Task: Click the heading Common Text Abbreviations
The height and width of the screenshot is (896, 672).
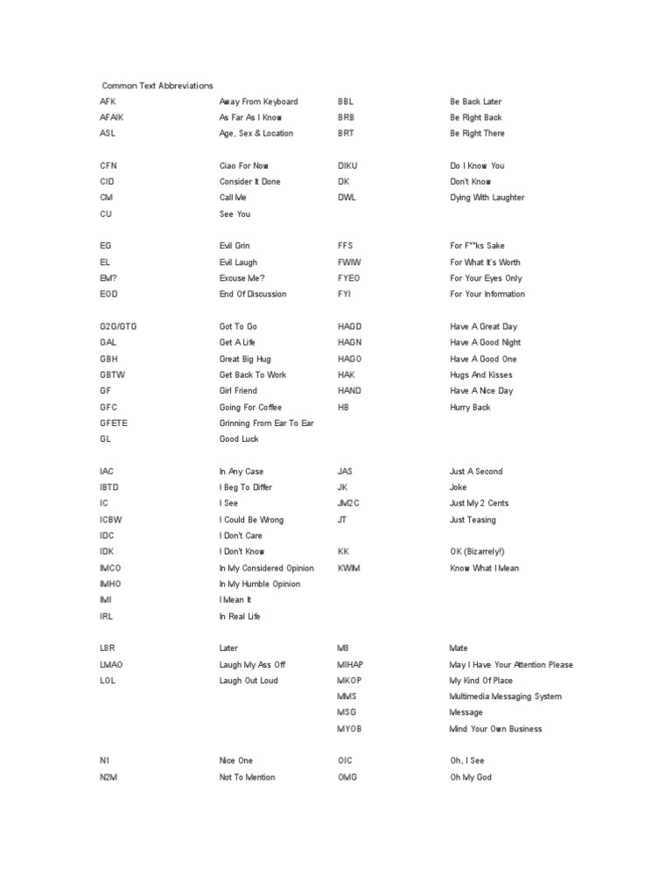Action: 157,86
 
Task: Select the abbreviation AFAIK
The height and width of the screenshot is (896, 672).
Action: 112,117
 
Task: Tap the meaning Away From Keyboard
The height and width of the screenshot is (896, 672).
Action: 258,101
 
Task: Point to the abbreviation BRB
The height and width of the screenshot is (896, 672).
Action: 346,117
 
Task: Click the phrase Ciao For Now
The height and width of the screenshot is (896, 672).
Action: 244,165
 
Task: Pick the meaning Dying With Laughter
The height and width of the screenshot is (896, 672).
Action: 487,198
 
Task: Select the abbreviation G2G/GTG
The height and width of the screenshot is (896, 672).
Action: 118,326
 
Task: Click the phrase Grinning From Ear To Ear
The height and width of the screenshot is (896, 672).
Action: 266,423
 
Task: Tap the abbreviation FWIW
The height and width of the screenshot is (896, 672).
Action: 348,262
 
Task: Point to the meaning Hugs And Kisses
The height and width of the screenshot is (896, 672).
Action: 480,374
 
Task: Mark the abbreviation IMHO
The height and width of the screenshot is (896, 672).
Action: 111,584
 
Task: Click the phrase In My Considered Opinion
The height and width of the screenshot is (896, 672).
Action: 266,568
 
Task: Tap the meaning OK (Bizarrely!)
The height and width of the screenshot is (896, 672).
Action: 477,552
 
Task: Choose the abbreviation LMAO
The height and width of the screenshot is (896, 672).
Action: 111,665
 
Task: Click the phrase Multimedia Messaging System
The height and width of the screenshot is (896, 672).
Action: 505,696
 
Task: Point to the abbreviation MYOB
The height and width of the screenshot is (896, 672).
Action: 352,729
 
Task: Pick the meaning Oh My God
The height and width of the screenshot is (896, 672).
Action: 471,777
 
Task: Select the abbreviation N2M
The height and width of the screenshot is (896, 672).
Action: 108,777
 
